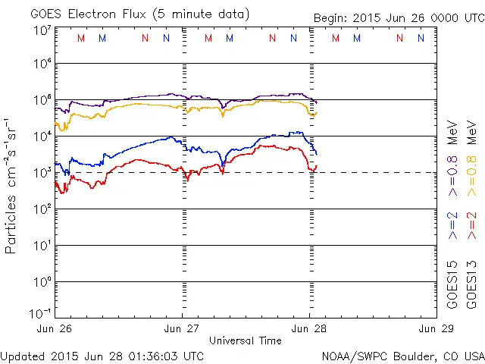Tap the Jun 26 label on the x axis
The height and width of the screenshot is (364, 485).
click(55, 328)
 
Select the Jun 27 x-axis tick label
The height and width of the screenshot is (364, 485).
click(182, 328)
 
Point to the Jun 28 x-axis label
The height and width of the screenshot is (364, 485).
click(308, 328)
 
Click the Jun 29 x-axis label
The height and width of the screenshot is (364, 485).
click(435, 328)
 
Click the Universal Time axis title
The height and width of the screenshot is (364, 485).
click(245, 340)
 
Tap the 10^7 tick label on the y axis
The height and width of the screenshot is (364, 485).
click(42, 30)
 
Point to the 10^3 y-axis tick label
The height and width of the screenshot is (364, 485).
click(42, 172)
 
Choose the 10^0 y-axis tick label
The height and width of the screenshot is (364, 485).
click(42, 281)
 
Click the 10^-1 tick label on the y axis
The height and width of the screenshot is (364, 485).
click(40, 312)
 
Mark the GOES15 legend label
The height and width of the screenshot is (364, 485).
click(452, 284)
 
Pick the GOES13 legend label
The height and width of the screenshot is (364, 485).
click(471, 284)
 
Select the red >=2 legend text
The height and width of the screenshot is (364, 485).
click(471, 226)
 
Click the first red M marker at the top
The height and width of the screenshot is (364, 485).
click(81, 37)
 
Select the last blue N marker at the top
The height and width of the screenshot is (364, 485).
click(421, 37)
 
